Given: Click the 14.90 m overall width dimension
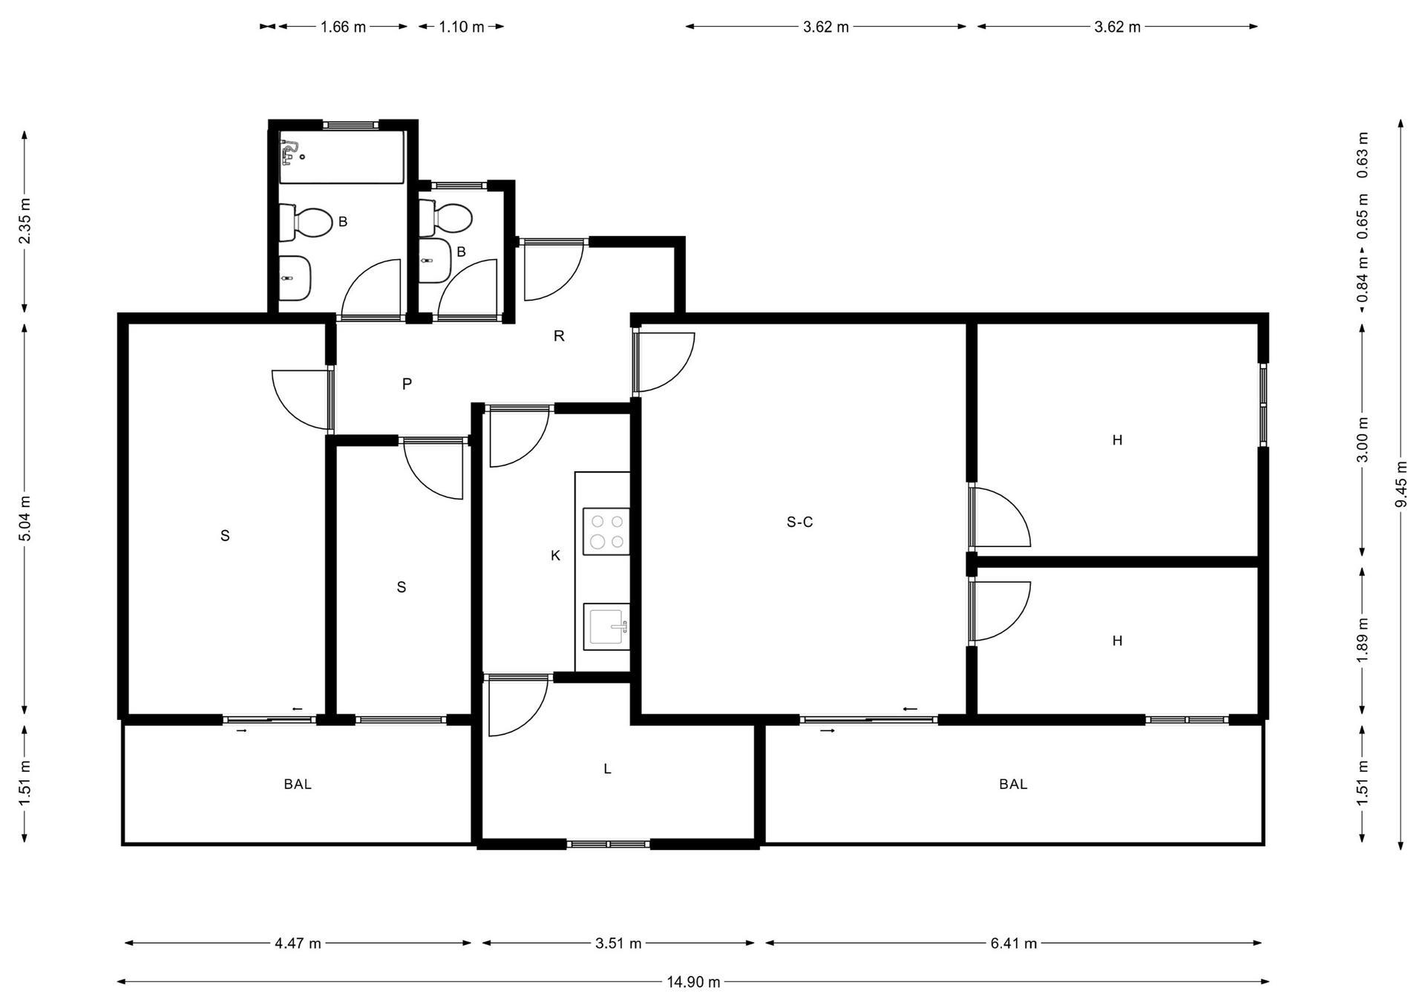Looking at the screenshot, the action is tap(693, 982).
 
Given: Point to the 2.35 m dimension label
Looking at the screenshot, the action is tap(24, 220).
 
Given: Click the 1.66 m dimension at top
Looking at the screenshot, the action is tap(343, 27).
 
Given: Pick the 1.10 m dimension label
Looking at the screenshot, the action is tap(461, 27).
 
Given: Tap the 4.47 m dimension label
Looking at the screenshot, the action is tap(298, 943).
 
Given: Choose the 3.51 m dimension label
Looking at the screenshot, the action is tap(618, 943).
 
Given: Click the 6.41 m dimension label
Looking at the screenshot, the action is tap(1013, 943).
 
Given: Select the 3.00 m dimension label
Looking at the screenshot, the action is tap(1363, 439).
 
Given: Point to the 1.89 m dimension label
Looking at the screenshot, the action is tap(1363, 641).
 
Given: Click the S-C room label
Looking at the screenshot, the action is tap(799, 523).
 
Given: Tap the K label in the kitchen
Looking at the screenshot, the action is tap(555, 555).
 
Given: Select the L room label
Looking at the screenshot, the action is tap(607, 769).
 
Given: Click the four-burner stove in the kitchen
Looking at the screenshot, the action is tap(606, 531).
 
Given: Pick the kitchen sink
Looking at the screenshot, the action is tap(606, 626).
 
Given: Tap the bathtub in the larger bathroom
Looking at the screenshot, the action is tap(341, 157).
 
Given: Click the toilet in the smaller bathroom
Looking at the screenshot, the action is tap(445, 218).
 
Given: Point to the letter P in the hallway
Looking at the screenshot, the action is tap(407, 384).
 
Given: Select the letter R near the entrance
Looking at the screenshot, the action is tap(559, 336).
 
